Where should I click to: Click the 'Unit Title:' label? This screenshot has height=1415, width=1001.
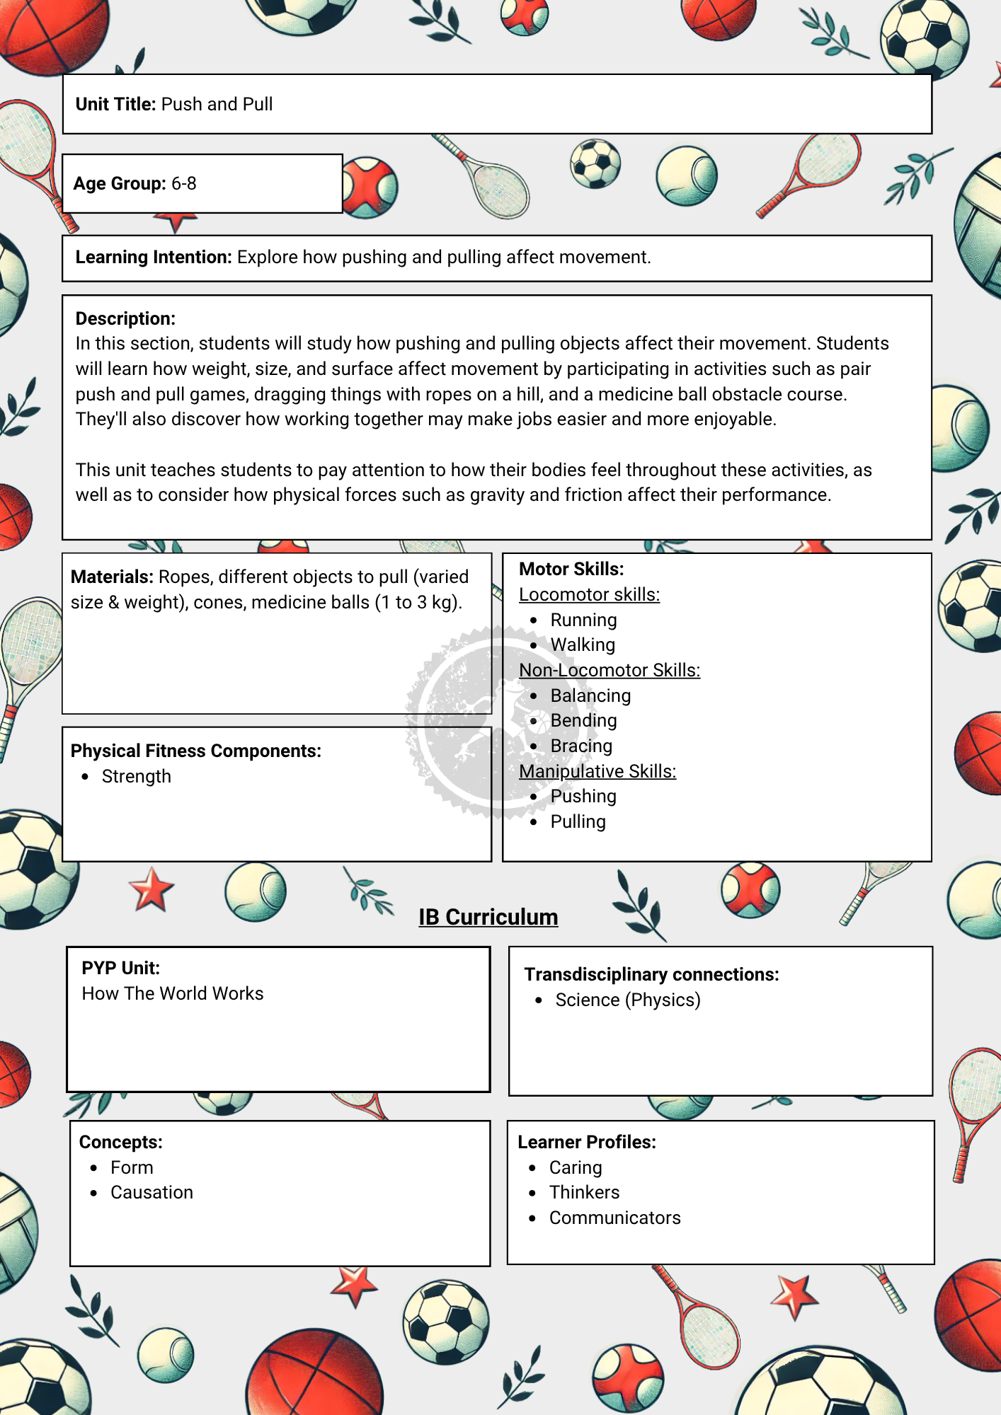[115, 105]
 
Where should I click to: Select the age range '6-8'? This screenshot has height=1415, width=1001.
[184, 184]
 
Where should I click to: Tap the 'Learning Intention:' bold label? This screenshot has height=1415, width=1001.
[154, 258]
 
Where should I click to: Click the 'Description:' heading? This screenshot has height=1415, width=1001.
[125, 319]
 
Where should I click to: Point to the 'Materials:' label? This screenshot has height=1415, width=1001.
[112, 577]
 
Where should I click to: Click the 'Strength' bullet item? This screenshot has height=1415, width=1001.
[137, 777]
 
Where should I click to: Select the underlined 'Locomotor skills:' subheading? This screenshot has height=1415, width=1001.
[589, 595]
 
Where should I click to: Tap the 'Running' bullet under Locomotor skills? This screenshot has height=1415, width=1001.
[583, 620]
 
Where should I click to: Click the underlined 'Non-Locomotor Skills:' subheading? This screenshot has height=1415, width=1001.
[610, 671]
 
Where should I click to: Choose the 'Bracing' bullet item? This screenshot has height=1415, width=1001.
[581, 746]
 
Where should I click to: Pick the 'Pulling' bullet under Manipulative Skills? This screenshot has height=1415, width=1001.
[578, 822]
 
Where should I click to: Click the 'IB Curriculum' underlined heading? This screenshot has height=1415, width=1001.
[488, 918]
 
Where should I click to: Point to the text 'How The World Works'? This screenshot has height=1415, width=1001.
[173, 994]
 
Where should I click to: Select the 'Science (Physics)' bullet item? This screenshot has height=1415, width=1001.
[628, 1000]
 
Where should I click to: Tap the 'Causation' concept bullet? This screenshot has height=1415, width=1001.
[151, 1193]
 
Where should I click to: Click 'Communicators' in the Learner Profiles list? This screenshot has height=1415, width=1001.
[614, 1218]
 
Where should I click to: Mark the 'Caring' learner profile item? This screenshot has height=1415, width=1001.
[576, 1168]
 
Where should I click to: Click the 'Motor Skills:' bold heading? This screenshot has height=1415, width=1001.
[571, 570]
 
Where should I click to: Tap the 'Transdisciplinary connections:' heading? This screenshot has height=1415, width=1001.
[651, 975]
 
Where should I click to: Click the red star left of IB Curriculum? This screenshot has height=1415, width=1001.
[151, 889]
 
